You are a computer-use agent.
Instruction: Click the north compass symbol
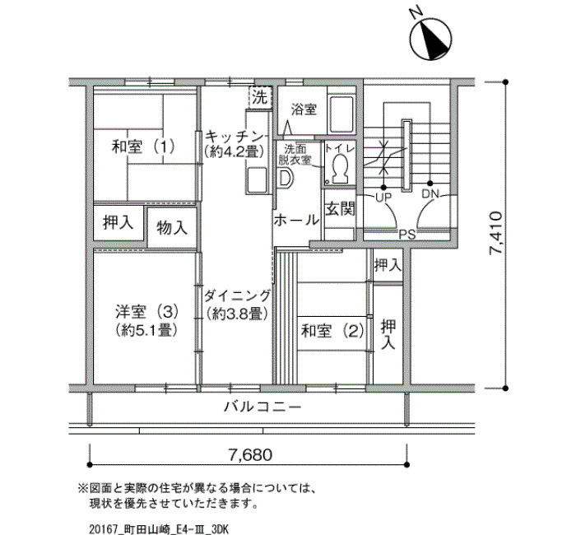430,38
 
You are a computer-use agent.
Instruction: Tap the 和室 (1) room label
143,147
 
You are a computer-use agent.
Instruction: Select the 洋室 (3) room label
147,312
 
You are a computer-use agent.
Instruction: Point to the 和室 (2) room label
332,331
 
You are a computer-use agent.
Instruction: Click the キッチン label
234,137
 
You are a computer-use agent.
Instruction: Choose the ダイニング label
237,295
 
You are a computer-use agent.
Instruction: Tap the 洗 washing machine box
260,97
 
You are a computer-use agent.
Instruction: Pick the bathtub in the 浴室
341,114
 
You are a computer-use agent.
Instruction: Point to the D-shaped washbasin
286,179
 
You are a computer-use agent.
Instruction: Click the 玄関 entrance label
340,209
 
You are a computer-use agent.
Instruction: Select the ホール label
296,221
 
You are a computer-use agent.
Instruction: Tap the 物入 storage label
172,228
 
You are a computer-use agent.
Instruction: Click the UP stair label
383,198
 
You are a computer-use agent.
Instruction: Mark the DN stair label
430,194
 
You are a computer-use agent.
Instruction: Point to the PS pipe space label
407,235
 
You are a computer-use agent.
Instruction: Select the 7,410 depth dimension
495,233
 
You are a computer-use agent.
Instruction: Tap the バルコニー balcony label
262,407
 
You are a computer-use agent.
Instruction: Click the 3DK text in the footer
220,529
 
